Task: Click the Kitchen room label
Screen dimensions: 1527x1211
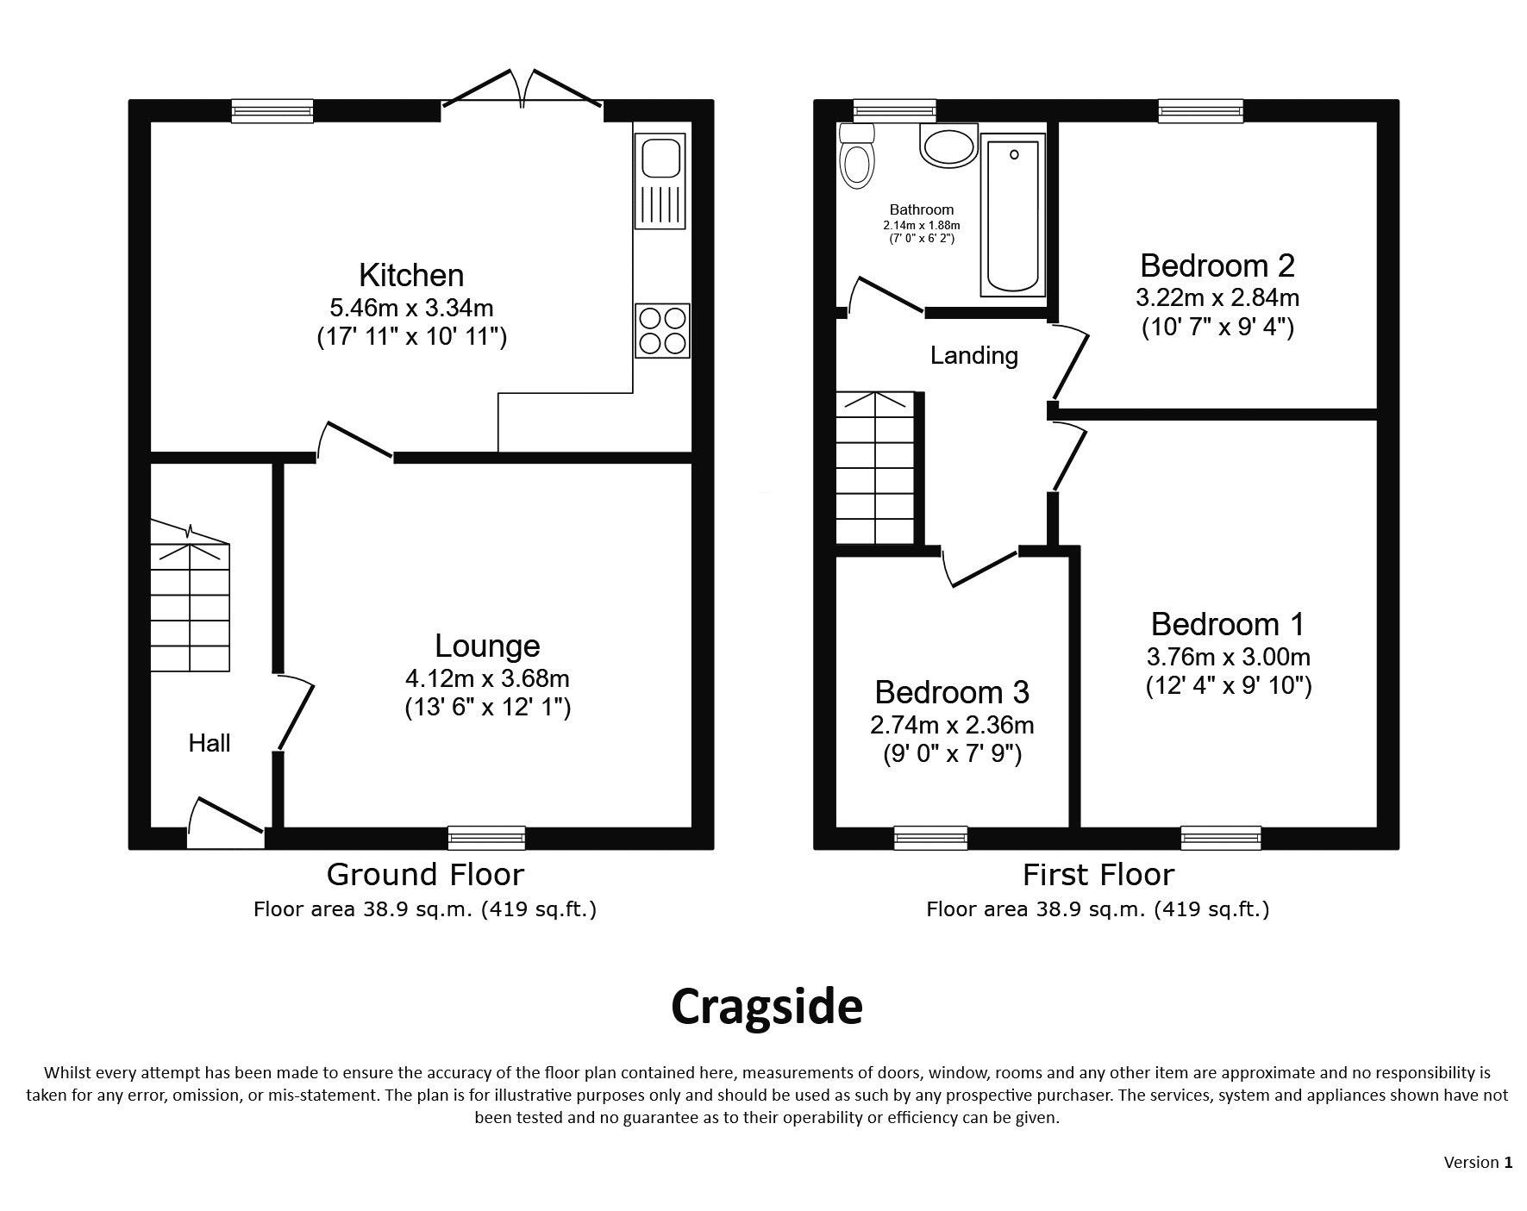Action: pos(411,275)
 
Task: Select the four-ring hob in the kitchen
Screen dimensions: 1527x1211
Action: pos(662,330)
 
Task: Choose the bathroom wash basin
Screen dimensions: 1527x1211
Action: pos(948,144)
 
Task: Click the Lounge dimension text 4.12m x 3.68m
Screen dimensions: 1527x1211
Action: pos(487,678)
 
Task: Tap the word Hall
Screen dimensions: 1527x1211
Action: pos(210,743)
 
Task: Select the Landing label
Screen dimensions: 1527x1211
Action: pos(974,355)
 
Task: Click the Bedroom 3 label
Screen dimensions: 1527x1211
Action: pos(952,692)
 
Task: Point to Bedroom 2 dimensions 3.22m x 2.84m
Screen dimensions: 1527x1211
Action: pos(1217,297)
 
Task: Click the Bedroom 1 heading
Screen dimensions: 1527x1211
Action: pos(1228,624)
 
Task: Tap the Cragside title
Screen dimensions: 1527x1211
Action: pos(767,1007)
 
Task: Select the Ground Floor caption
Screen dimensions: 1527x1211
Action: pos(425,874)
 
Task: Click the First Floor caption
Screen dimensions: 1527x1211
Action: pos(1098,874)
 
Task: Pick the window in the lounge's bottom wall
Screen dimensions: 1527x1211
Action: pos(486,837)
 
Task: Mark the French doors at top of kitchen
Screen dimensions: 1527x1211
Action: pos(523,90)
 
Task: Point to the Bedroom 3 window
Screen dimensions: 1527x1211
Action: pos(930,837)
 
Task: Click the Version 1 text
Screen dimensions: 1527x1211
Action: pos(1478,1162)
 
